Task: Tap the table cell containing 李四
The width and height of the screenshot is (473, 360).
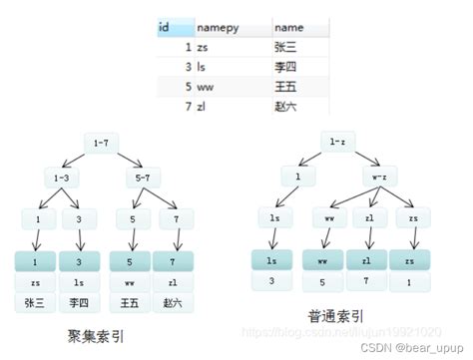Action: click(x=286, y=66)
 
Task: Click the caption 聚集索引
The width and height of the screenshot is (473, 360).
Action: click(x=97, y=334)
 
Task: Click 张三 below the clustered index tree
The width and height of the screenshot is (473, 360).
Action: click(x=36, y=301)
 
